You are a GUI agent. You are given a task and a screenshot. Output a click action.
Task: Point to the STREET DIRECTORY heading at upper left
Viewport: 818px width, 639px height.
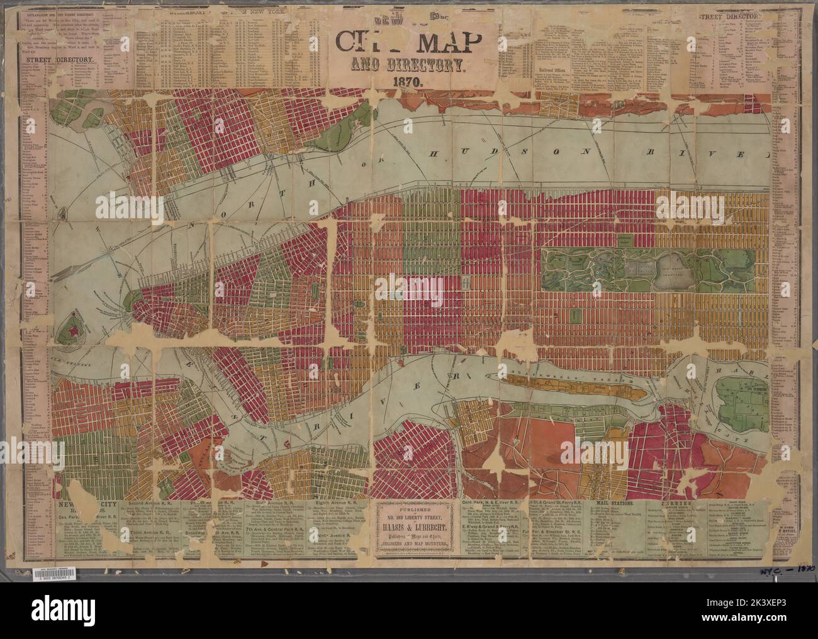pyautogui.click(x=60, y=60)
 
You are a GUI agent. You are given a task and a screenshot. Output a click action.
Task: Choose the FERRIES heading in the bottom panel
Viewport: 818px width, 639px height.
pyautogui.click(x=693, y=504)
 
